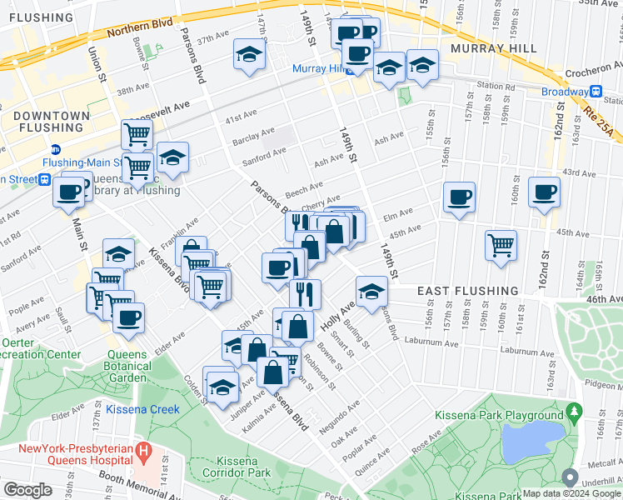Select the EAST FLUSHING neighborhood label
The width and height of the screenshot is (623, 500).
(466, 290)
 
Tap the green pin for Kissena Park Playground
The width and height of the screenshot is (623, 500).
(573, 412)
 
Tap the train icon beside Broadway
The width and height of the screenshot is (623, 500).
(596, 92)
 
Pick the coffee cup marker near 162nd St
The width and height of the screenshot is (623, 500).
(545, 192)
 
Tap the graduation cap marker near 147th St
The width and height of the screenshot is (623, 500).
(248, 55)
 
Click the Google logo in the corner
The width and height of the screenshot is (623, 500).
(28, 490)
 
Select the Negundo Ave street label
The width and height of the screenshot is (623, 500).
(340, 417)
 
